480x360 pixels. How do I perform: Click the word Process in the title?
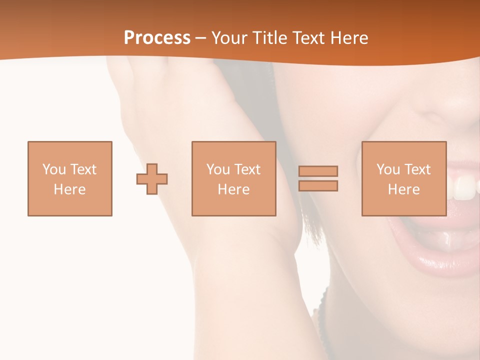click(157, 38)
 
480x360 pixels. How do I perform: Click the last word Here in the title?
click(348, 38)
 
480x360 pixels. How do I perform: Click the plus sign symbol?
click(152, 179)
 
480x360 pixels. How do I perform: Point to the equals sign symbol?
click(318, 178)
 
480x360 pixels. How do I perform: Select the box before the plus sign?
click(70, 178)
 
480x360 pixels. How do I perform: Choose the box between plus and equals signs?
click(233, 178)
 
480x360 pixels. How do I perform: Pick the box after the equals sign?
click(404, 178)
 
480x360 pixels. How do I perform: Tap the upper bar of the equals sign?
click(318, 171)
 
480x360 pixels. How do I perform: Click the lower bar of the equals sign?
click(318, 186)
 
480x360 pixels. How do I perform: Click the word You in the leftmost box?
click(54, 169)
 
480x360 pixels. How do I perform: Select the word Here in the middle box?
click(233, 189)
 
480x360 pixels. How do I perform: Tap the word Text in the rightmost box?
click(418, 169)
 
